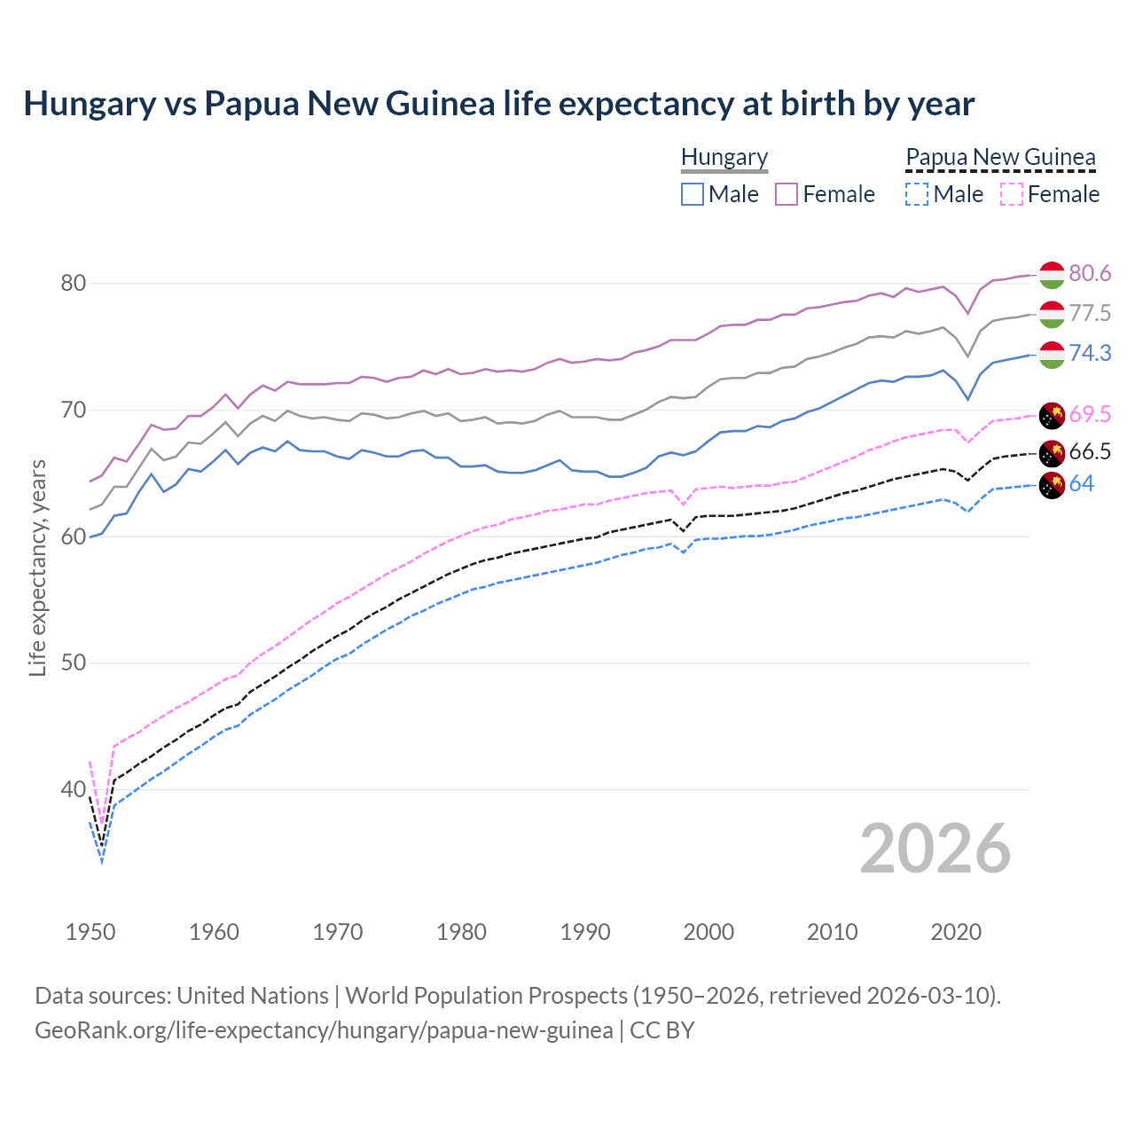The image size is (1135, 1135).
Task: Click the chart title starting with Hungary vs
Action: point(498,104)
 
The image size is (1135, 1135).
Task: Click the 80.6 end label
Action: point(1090,273)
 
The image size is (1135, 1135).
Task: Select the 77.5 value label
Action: point(1090,313)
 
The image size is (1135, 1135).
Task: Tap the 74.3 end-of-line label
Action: point(1090,353)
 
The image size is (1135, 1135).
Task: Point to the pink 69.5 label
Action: point(1090,414)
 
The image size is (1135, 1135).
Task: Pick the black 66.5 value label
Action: point(1090,451)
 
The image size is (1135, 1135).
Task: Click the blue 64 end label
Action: point(1081,483)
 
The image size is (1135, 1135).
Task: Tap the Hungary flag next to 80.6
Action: point(1052,275)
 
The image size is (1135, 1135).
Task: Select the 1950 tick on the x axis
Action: point(90,932)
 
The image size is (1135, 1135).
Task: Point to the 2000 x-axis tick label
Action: point(708,932)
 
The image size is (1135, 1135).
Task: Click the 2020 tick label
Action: point(956,932)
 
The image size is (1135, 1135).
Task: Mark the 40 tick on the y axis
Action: point(74,789)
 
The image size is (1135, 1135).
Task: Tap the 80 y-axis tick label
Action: point(74,284)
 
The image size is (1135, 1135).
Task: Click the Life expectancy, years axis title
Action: point(37,567)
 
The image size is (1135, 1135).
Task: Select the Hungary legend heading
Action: point(724,157)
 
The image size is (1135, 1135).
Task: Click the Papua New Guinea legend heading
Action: point(1000,157)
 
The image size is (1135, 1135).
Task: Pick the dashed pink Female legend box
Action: point(1012,194)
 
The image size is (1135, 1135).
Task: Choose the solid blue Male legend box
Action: point(693,194)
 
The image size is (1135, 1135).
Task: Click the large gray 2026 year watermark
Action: point(935,849)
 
